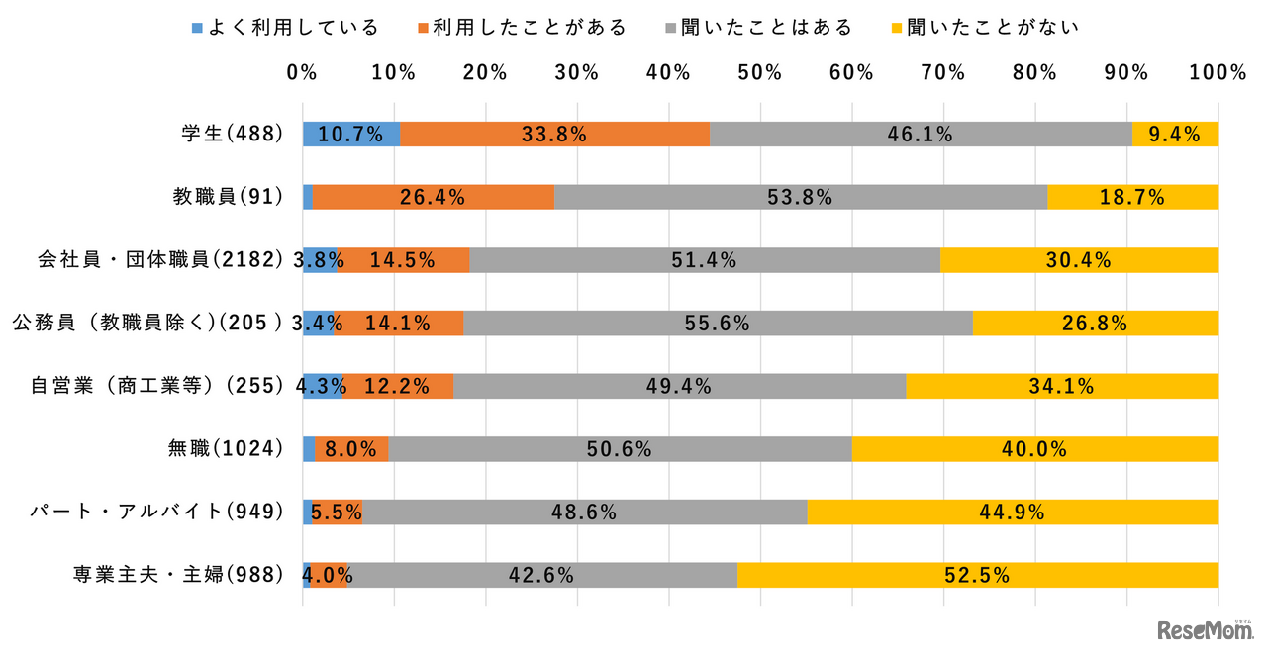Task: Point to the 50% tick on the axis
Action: tap(759, 72)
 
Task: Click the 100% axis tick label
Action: tap(1218, 72)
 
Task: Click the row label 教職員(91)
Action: tap(229, 197)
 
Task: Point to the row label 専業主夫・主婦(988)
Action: tap(178, 575)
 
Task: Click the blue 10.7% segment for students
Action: tap(350, 134)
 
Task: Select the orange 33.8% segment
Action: tap(554, 134)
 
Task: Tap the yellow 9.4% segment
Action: tap(1175, 134)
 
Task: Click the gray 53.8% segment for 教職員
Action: tap(800, 197)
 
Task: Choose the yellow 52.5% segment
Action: tap(977, 575)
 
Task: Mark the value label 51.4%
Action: tap(704, 260)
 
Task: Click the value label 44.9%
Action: tap(1012, 513)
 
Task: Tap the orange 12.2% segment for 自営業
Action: tap(398, 386)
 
